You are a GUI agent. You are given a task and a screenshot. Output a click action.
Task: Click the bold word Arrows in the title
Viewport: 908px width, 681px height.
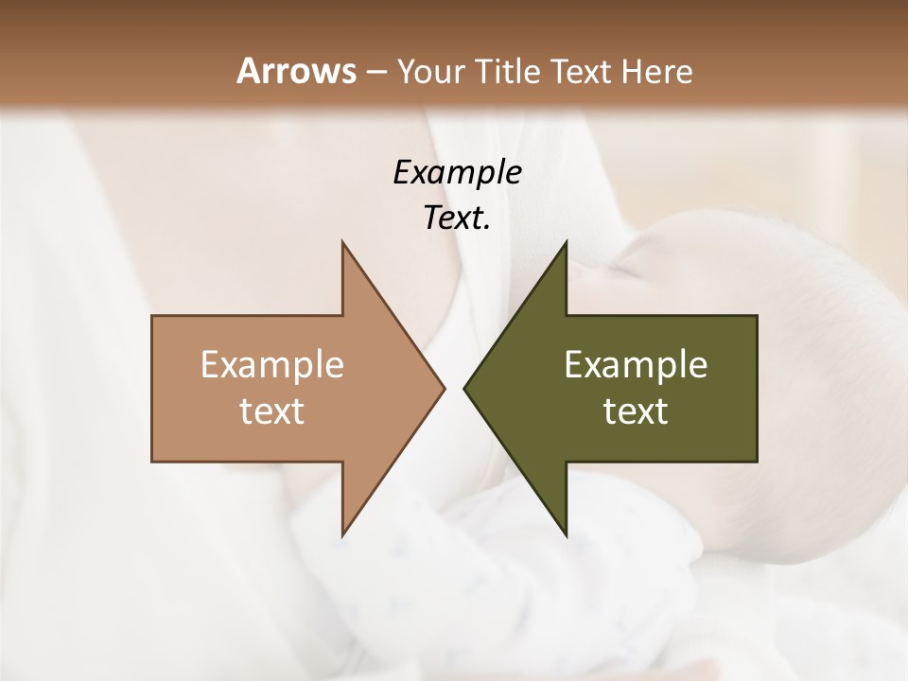296,71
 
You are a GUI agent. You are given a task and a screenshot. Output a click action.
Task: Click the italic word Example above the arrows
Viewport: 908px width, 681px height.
457,172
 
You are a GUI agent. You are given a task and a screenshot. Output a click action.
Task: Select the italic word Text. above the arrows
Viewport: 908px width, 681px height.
457,218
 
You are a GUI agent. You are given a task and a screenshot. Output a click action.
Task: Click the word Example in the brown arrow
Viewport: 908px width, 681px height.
272,364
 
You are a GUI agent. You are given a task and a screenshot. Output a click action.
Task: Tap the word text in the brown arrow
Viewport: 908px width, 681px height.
272,410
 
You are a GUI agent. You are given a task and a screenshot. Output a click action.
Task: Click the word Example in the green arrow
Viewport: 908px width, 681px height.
636,364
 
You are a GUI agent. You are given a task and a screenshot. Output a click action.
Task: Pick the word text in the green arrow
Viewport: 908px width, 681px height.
636,410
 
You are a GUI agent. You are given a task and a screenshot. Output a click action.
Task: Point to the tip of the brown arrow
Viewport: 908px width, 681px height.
445,388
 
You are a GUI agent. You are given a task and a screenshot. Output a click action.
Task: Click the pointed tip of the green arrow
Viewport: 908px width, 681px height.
463,388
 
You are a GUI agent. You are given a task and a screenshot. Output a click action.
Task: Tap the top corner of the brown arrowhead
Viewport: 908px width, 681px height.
342,242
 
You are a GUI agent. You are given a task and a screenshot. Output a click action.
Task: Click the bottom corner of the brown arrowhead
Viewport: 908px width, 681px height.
342,535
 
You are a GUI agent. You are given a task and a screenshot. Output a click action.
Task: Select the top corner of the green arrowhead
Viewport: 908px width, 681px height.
566,242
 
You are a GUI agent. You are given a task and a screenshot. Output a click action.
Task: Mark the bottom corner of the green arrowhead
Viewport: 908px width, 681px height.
566,535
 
